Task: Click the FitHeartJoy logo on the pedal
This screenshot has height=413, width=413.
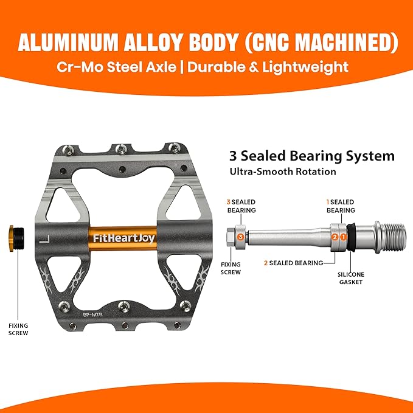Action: [x=124, y=238]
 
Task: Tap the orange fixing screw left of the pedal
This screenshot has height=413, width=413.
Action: [x=16, y=238]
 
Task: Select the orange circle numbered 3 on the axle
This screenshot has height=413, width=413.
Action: [x=240, y=237]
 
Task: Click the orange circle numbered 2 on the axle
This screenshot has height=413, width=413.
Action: [x=335, y=237]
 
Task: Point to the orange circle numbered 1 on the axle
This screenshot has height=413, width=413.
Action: [x=343, y=237]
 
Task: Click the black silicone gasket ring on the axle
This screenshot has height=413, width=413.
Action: [x=351, y=237]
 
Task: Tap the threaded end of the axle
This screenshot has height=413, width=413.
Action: [x=392, y=237]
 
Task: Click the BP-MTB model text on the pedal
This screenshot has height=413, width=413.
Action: [x=92, y=314]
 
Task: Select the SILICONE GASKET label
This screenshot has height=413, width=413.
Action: [x=351, y=278]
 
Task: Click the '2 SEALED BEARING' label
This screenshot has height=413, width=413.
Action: [x=294, y=263]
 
